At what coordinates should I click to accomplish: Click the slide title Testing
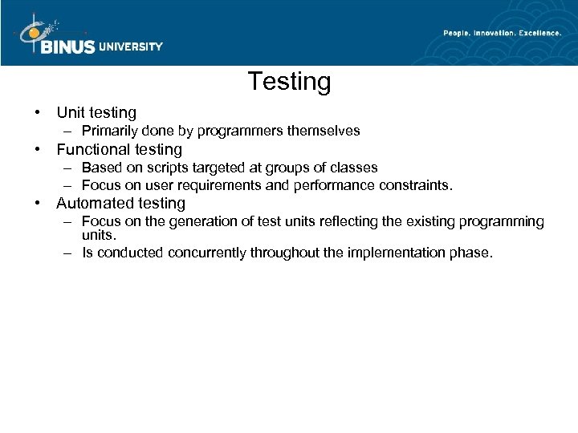[289, 82]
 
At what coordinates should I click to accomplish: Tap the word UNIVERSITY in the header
[131, 47]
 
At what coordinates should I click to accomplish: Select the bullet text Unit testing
[96, 113]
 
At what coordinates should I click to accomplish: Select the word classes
[354, 168]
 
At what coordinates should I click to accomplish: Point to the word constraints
[416, 185]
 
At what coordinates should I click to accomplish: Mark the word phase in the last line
[473, 253]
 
